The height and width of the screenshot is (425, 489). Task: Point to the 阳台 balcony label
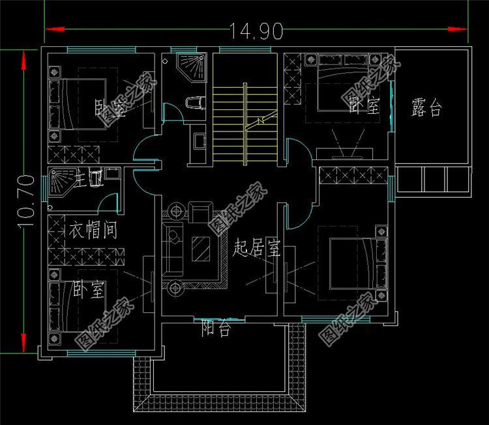tap(215, 329)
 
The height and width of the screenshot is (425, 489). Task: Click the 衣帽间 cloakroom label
tap(93, 230)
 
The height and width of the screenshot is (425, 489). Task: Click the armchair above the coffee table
tap(201, 212)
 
